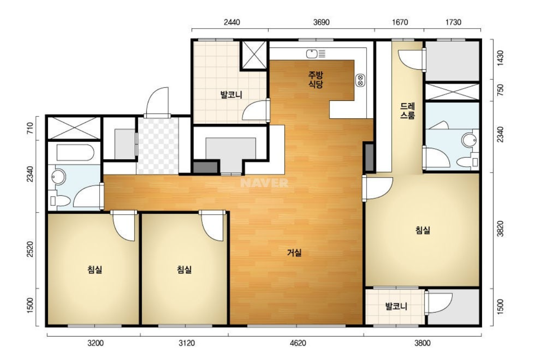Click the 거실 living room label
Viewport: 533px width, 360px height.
click(x=294, y=253)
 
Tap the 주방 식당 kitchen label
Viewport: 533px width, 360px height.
click(x=316, y=80)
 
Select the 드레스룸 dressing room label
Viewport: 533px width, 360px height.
click(x=407, y=110)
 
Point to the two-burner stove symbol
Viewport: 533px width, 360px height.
click(x=360, y=80)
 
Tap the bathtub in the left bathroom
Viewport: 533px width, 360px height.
click(x=75, y=152)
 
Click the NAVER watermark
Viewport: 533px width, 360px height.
click(x=264, y=183)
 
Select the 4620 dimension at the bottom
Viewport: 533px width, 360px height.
click(x=298, y=343)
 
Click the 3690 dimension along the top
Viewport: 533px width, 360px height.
click(x=321, y=22)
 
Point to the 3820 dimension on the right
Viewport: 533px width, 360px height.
click(x=500, y=229)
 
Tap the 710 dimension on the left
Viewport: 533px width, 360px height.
click(x=30, y=128)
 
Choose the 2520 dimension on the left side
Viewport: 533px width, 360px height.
click(x=30, y=249)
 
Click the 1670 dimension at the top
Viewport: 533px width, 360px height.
click(x=400, y=22)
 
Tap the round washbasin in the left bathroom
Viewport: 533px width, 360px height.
click(x=58, y=177)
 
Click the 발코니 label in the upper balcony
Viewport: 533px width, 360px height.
click(x=231, y=95)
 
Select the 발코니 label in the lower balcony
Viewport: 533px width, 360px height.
click(x=396, y=306)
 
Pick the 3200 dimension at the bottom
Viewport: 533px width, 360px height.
click(x=95, y=343)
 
